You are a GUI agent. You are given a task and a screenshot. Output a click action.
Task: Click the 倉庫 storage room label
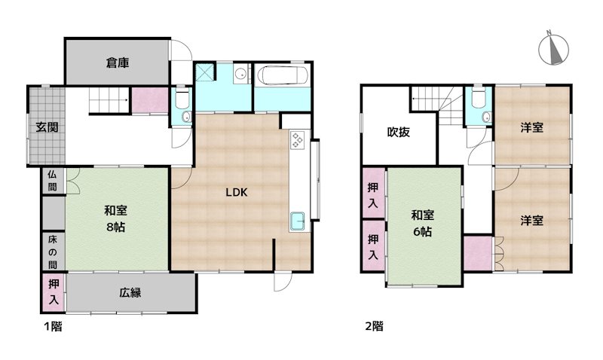tap(118, 63)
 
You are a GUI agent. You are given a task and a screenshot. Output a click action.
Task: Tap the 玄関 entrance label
tap(47, 127)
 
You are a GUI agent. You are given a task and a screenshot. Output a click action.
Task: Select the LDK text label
tap(236, 193)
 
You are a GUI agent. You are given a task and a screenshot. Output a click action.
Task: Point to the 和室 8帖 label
tap(115, 218)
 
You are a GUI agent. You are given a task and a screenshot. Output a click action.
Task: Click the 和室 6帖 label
tap(423, 223)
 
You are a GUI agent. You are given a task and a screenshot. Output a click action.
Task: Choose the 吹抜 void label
tap(399, 132)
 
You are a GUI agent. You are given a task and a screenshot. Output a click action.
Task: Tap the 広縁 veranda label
tap(130, 293)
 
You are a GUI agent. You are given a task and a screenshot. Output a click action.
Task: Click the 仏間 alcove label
tap(52, 181)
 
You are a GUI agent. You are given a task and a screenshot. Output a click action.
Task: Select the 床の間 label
tap(52, 252)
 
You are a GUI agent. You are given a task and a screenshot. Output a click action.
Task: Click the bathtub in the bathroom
tap(283, 75)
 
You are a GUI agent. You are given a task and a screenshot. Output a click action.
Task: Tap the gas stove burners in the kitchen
tap(298, 139)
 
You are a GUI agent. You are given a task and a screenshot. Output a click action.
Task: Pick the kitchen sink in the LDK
tap(297, 221)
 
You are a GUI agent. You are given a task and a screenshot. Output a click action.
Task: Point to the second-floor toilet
tap(478, 99)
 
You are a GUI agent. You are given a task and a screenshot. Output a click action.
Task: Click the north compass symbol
tap(553, 49)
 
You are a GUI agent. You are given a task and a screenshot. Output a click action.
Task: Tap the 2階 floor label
tap(374, 327)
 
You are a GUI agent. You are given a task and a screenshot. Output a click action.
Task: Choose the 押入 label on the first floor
tap(54, 292)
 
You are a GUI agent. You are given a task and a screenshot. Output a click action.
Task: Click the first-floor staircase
tap(109, 100)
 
